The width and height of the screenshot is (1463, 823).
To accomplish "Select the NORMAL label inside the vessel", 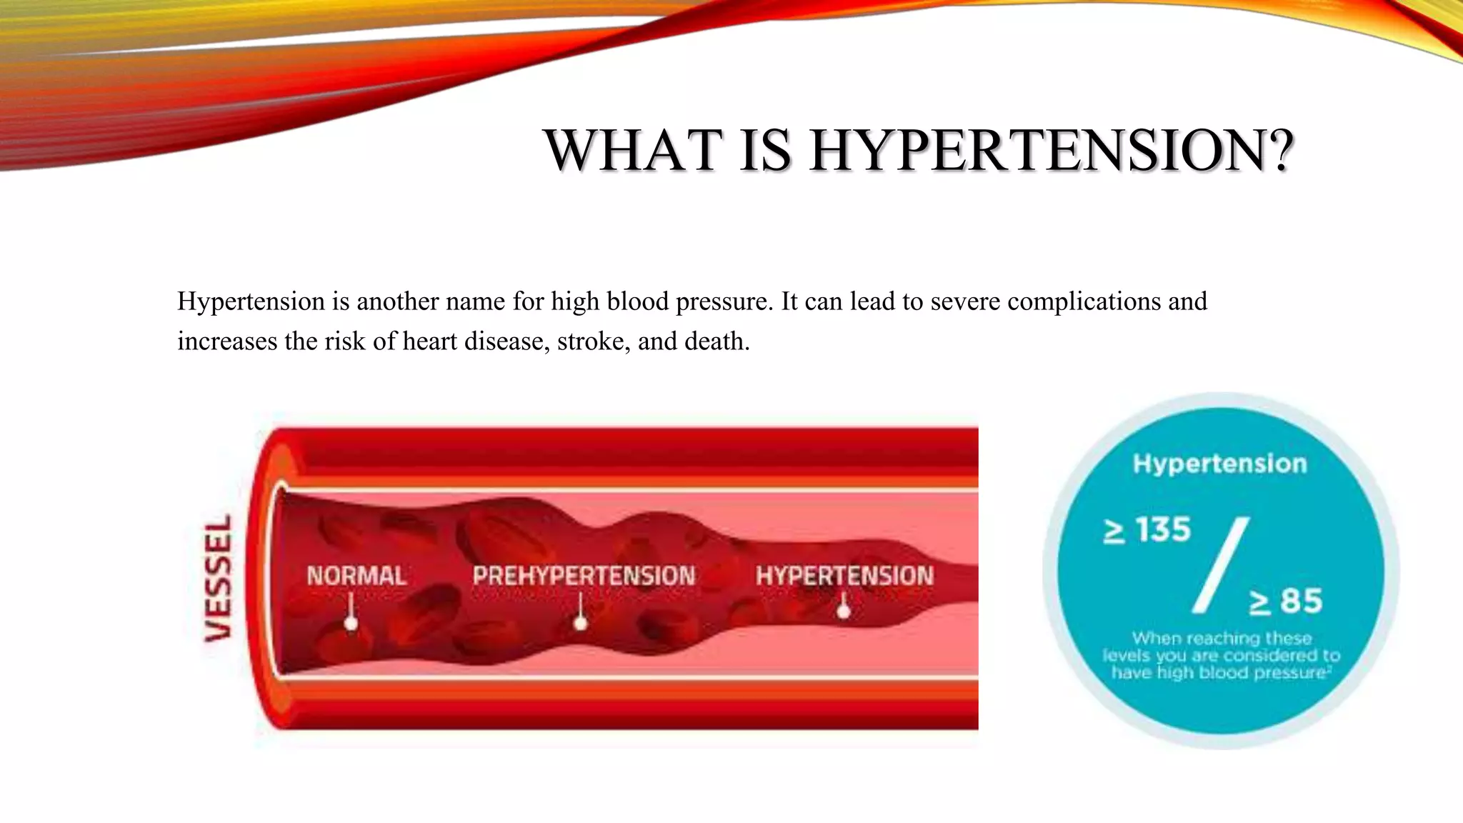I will point(356,576).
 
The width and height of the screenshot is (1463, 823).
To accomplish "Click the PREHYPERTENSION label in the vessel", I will point(584,576).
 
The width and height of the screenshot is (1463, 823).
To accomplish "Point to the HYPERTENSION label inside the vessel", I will point(844,576).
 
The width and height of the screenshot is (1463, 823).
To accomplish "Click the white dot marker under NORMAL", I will point(351,623).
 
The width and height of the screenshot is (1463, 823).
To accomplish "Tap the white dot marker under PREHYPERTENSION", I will point(581,623).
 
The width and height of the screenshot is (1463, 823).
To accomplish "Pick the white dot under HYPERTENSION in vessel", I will point(844,612).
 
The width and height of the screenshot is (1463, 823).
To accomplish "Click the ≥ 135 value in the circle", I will point(1147,530).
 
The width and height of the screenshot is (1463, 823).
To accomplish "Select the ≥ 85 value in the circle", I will point(1286,601).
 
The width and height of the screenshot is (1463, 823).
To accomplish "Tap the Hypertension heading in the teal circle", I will point(1219,464).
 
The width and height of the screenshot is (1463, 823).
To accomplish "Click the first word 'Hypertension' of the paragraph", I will point(251,301).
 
